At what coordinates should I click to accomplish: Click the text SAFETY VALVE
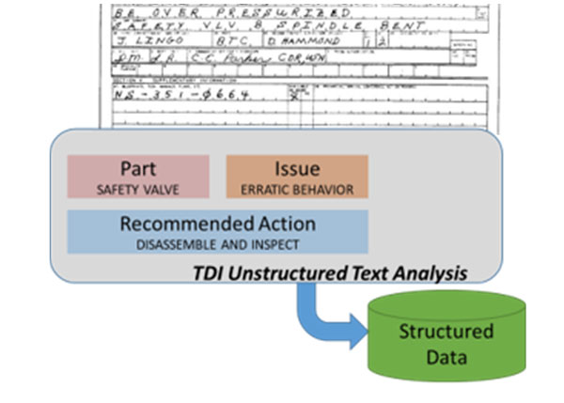point(138,190)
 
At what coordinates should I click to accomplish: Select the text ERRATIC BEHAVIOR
point(297,190)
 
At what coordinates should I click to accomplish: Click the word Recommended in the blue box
point(176,225)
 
